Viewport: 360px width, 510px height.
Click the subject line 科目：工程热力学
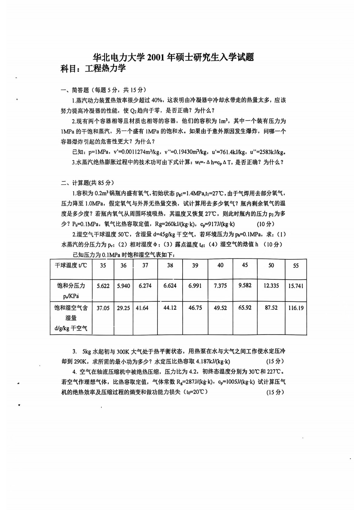click(93, 68)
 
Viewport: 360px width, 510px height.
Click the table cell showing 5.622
click(103, 286)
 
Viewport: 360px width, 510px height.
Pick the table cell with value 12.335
click(271, 286)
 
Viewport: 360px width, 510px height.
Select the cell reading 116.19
click(296, 308)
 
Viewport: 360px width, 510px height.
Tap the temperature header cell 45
click(245, 265)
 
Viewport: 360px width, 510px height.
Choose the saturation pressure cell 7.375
click(220, 286)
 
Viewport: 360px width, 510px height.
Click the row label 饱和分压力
click(71, 286)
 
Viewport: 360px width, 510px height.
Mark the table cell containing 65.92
click(245, 308)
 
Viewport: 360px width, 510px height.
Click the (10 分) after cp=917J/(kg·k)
click(265, 224)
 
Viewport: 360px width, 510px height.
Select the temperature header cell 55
click(296, 266)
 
